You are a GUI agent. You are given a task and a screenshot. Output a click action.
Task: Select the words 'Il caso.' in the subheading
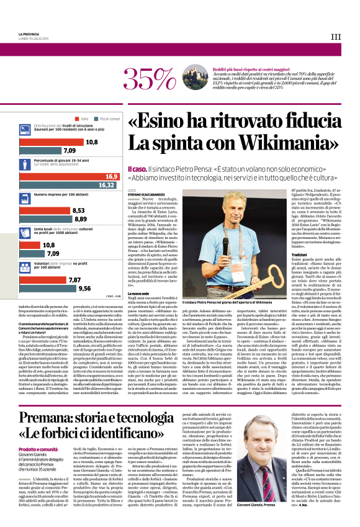pyautogui.click(x=139, y=169)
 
